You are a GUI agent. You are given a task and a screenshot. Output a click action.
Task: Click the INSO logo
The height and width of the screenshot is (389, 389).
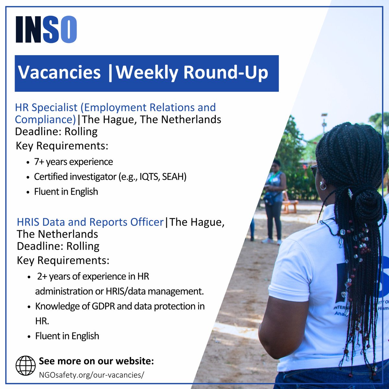coord(46,29)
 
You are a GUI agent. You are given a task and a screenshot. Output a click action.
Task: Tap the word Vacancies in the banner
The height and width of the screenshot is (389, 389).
coord(59,72)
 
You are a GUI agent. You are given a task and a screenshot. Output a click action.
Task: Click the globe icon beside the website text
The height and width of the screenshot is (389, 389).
coord(26,366)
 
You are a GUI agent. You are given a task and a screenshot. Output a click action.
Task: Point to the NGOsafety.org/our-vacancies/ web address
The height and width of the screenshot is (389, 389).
coord(91,375)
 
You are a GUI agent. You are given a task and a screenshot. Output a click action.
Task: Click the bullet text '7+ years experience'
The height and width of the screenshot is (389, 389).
coord(74,162)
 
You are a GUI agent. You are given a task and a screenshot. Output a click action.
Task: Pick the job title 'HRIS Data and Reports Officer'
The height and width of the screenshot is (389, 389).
coord(90,222)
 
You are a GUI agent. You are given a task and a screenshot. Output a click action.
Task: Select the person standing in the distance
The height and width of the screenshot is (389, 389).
coord(274,201)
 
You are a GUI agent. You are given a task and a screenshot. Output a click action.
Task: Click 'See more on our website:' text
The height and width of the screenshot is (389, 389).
coord(96,361)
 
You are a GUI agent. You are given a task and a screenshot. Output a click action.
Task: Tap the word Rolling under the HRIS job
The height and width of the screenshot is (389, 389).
coord(83,246)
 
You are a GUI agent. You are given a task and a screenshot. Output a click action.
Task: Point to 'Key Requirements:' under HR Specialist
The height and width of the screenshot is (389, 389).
coord(62,146)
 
